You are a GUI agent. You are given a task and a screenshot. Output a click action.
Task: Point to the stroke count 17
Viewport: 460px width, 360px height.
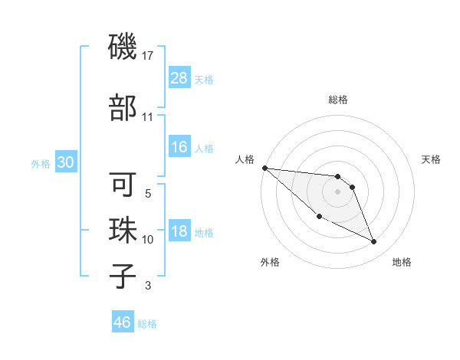(149, 56)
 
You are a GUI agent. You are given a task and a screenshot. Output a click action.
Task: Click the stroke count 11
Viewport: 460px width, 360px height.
(148, 117)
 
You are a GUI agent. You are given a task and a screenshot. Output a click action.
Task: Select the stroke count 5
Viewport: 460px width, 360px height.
(148, 194)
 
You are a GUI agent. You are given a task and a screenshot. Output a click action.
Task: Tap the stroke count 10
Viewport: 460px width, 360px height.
(148, 240)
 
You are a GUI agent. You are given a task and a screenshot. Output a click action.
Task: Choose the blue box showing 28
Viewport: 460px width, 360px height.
(179, 77)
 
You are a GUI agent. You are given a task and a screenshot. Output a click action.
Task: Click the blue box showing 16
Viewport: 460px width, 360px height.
(179, 147)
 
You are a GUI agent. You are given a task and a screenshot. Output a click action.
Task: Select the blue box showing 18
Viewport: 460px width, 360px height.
(179, 232)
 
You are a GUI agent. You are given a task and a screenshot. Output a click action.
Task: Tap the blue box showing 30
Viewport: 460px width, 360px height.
(66, 162)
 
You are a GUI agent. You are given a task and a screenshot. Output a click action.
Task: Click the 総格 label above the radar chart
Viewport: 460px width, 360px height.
(337, 100)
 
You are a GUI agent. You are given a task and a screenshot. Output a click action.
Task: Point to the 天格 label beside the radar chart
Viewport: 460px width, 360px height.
(432, 159)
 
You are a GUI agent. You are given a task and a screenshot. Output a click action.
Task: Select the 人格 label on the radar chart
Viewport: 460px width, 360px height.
(245, 159)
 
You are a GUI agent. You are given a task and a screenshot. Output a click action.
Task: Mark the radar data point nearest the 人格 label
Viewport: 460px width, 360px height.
(264, 168)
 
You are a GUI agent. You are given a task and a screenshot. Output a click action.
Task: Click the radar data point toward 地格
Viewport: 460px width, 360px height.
(374, 242)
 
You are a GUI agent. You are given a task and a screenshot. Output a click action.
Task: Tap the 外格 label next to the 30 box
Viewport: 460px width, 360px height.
(41, 163)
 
